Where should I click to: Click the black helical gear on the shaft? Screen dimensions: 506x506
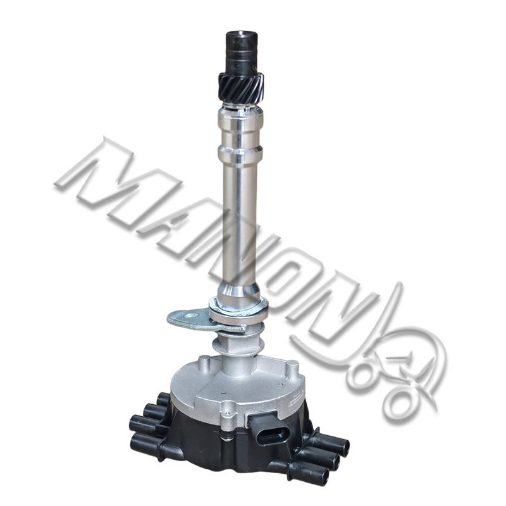242,88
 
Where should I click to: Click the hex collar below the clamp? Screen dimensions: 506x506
238,343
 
